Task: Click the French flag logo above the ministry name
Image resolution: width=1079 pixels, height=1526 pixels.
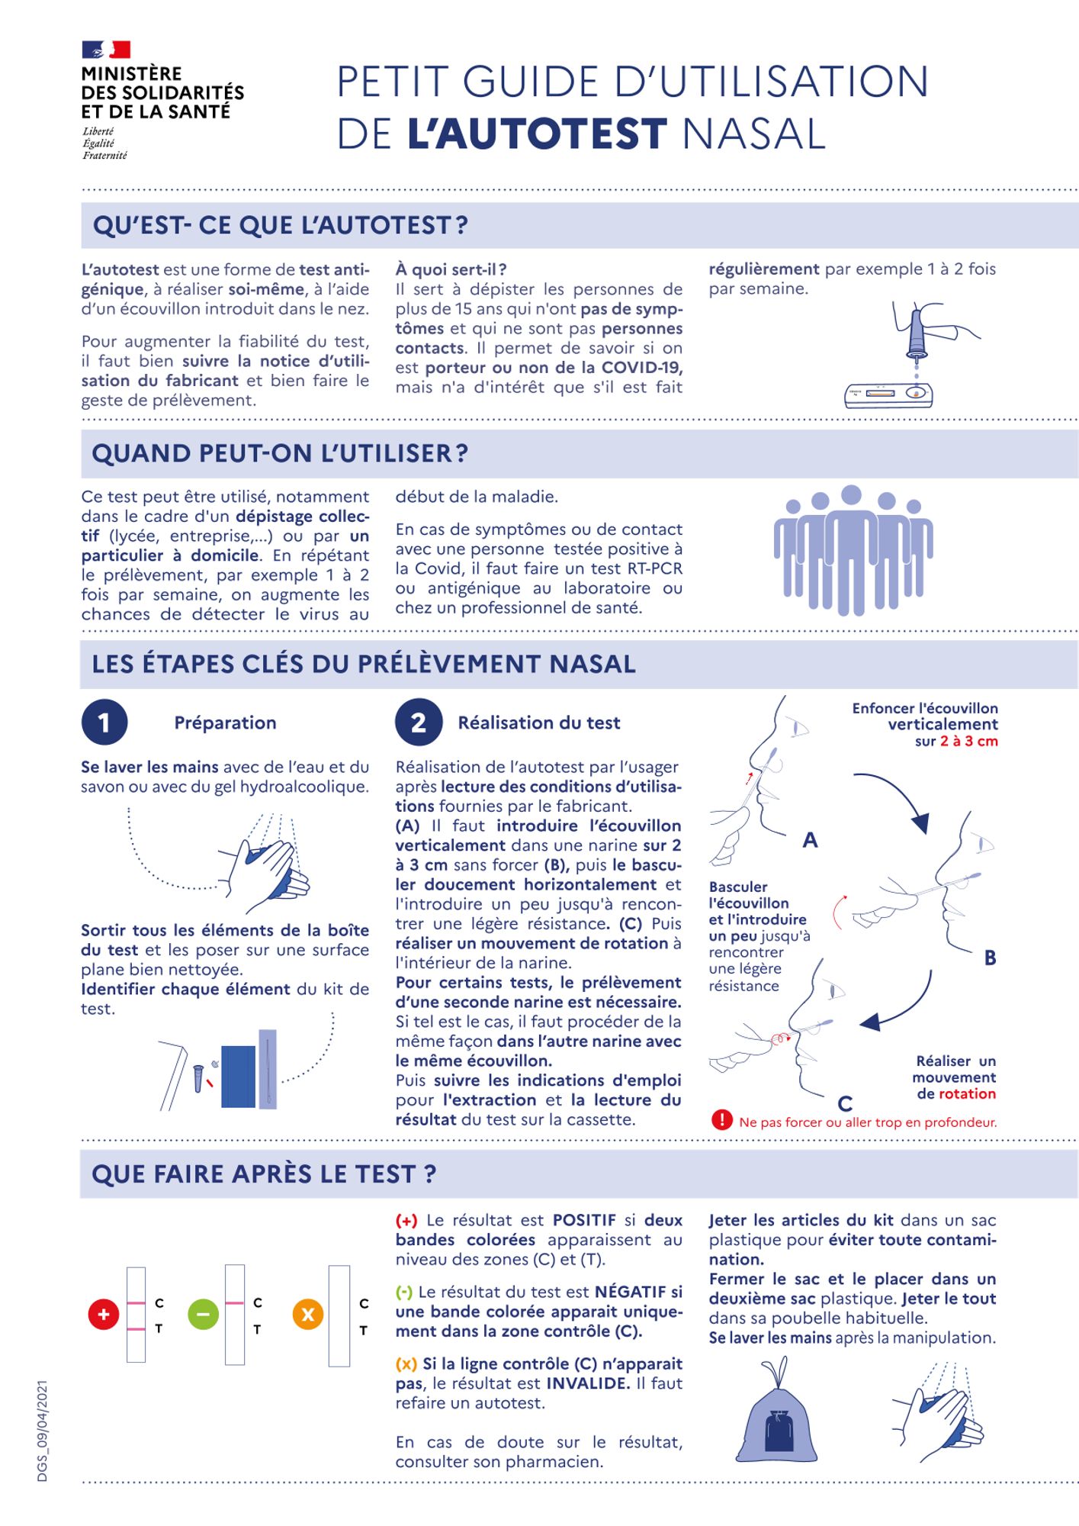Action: [106, 50]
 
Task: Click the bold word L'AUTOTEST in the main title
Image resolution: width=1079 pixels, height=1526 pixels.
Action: [538, 134]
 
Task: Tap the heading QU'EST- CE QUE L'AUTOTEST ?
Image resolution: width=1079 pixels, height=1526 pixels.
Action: [280, 226]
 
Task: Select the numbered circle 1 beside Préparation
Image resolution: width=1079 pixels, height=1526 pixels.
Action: [104, 722]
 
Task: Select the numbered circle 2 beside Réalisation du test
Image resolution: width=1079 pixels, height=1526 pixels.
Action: [419, 722]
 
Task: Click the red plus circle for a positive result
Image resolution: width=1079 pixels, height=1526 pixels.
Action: [104, 1315]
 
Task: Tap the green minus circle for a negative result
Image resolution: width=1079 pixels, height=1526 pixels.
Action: [203, 1315]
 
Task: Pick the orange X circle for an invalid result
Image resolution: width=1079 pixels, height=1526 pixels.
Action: [308, 1315]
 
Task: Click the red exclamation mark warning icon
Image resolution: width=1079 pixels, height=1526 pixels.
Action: [721, 1119]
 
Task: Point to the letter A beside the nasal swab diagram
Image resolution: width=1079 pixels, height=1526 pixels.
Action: [810, 840]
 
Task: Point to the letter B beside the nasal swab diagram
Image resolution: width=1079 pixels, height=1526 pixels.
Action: [990, 958]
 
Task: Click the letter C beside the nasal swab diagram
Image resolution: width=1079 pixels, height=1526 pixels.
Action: [845, 1103]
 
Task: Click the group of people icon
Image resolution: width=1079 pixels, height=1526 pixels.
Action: [853, 549]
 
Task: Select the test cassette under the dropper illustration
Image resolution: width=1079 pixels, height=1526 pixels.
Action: [889, 394]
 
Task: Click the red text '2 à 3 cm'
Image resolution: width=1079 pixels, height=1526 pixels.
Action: [968, 741]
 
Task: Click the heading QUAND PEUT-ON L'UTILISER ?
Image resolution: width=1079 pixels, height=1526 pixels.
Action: [280, 453]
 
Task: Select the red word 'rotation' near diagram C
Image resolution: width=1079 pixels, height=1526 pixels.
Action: [967, 1093]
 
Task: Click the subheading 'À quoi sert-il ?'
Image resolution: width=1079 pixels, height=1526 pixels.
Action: [451, 269]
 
